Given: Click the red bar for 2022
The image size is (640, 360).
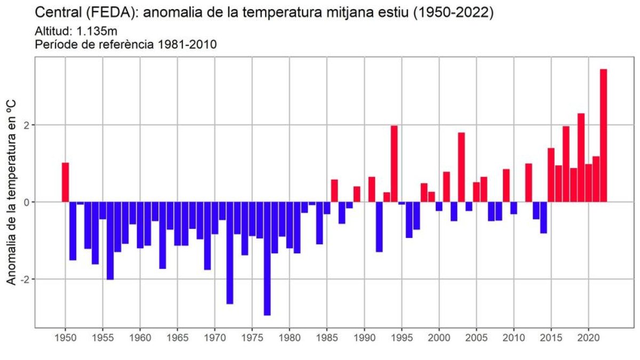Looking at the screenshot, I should (x=603, y=135).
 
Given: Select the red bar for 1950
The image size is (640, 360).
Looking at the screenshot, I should (x=65, y=182).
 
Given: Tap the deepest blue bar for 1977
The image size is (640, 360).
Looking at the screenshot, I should (x=267, y=258).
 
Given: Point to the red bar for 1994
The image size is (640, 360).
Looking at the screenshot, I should (x=394, y=164).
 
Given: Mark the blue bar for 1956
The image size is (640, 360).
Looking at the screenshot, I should (x=110, y=241).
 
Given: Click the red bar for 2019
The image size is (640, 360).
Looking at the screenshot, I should (x=581, y=157).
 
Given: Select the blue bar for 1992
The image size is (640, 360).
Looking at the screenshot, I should (x=379, y=227).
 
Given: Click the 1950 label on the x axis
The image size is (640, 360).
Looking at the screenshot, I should (x=65, y=338).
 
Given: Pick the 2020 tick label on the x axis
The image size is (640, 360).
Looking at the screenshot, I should (x=588, y=338).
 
